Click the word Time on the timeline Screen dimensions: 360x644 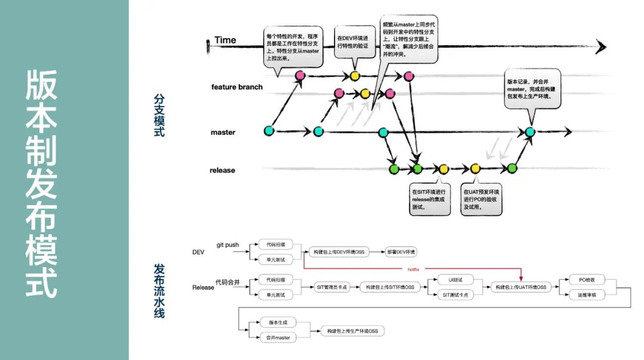[225, 40]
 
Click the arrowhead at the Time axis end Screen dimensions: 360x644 [600, 46]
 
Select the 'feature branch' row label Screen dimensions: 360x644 [237, 87]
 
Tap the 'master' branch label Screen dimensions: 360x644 [223, 132]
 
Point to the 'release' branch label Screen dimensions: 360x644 [222, 170]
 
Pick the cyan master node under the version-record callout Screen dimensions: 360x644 [530, 132]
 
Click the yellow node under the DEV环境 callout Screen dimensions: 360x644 [355, 76]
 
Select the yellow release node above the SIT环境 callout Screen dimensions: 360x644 [443, 169]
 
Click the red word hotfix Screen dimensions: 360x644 [413, 269]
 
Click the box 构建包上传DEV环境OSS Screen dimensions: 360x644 [339, 252]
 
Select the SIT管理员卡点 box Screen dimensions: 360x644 [332, 287]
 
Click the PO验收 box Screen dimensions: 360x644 [583, 279]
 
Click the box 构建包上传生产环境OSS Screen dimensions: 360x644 [352, 330]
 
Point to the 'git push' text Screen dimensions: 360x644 [228, 245]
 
